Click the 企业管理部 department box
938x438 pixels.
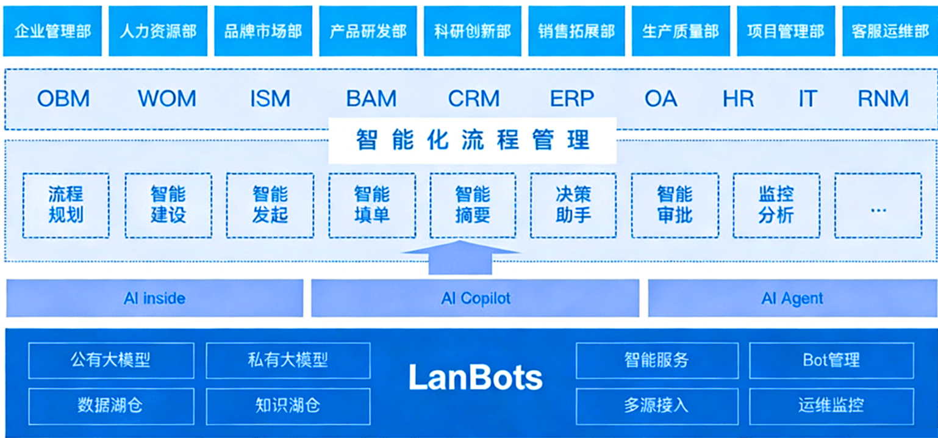[52, 31]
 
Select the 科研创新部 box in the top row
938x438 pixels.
[472, 31]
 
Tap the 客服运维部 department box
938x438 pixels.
[890, 31]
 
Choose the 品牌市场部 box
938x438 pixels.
[263, 31]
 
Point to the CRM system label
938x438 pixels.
[474, 99]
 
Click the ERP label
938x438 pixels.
[571, 99]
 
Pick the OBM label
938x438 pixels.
[63, 99]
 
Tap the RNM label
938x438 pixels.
[883, 99]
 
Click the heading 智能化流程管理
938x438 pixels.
[473, 140]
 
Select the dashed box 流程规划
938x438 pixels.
[66, 205]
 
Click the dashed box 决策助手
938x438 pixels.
[573, 205]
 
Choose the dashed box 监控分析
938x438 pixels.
[776, 205]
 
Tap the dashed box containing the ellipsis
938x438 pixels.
[878, 205]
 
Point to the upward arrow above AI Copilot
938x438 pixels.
[460, 257]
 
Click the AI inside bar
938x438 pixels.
[154, 298]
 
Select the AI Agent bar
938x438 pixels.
[792, 298]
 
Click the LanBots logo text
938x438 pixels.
[475, 378]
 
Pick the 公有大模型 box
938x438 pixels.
[111, 360]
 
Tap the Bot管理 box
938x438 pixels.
[831, 360]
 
